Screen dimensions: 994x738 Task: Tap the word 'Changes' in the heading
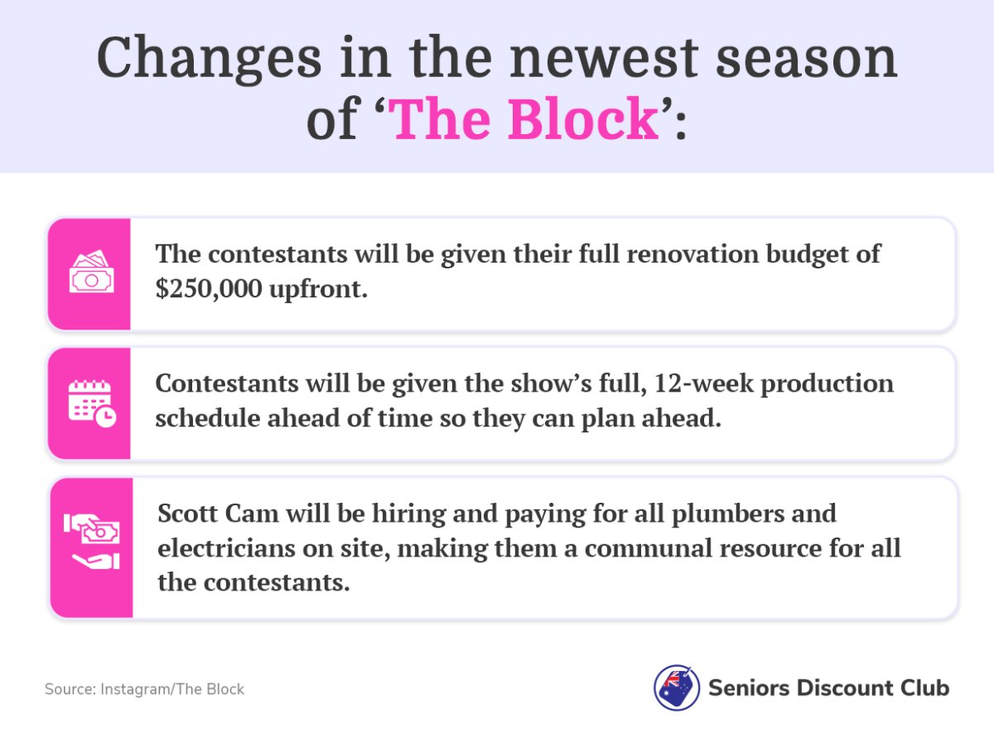point(209,59)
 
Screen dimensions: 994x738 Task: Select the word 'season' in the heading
point(807,59)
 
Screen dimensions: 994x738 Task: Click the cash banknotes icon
point(91,271)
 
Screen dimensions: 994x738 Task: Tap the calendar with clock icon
point(92,403)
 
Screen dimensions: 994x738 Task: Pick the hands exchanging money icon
point(91,542)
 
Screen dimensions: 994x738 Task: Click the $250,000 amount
point(209,288)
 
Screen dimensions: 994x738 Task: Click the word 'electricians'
point(226,548)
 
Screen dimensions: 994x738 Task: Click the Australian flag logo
point(676,687)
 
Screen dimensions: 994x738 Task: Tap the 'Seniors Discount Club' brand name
point(828,687)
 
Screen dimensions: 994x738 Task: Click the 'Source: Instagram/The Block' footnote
point(144,689)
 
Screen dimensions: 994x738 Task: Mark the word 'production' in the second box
point(827,384)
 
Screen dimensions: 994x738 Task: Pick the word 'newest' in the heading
point(604,59)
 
